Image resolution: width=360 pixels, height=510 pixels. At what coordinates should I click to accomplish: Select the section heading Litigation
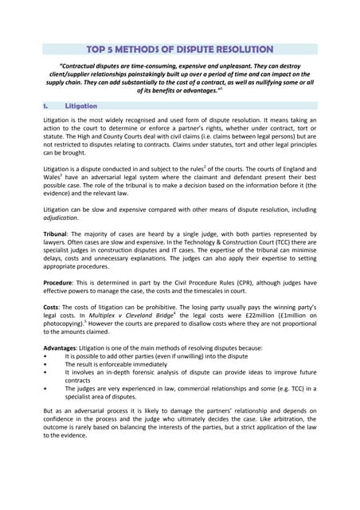point(81,105)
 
